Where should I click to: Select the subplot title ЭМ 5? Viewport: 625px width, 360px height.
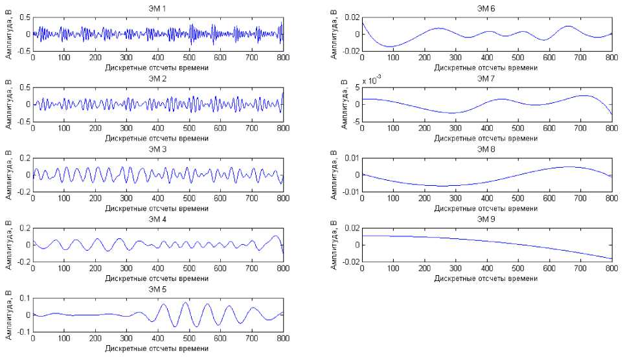pos(158,289)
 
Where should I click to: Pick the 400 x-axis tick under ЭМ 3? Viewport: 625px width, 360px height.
pos(158,198)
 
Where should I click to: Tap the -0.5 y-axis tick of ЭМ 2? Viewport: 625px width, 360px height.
pos(21,121)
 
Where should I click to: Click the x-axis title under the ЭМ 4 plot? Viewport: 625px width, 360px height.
pos(158,278)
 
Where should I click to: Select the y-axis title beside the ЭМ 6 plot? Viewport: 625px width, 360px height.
pos(334,34)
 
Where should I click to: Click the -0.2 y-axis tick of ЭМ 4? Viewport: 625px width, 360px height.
pos(21,262)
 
